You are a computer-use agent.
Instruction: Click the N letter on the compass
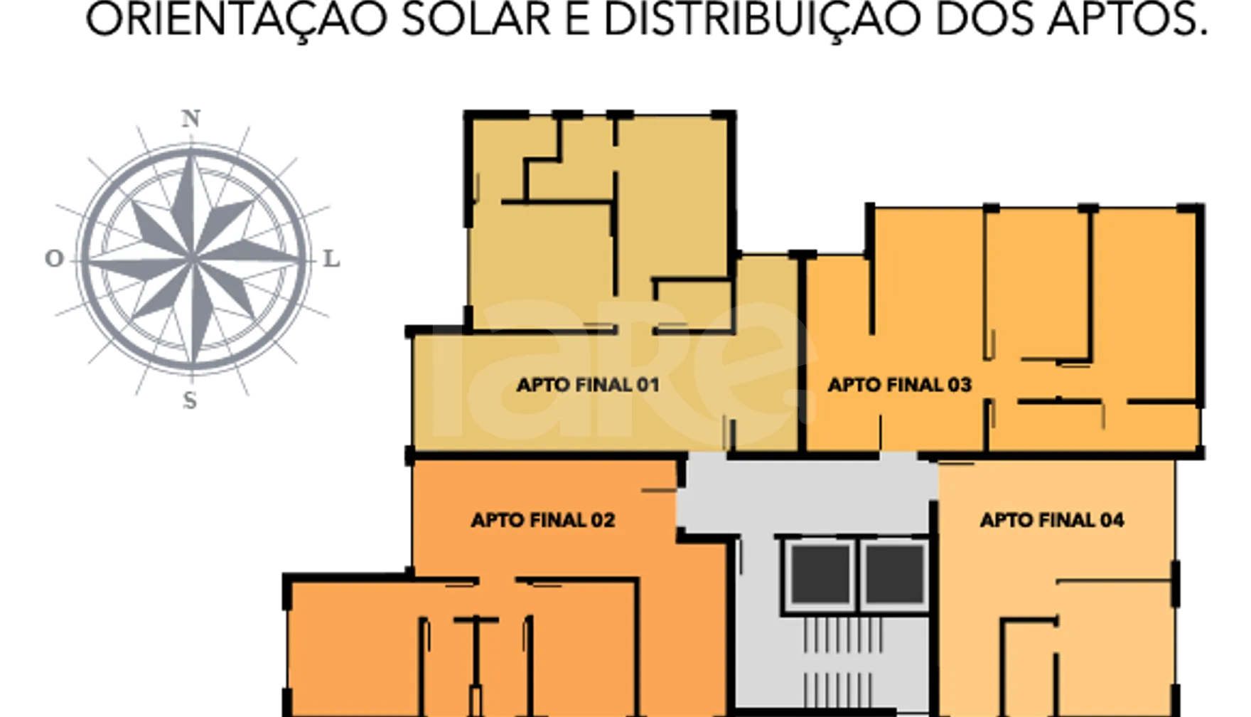pyautogui.click(x=190, y=118)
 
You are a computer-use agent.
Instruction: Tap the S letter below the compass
pyautogui.click(x=190, y=400)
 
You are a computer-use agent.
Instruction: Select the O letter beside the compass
pyautogui.click(x=54, y=258)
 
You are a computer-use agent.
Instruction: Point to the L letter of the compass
pyautogui.click(x=331, y=259)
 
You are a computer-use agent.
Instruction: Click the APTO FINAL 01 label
pyautogui.click(x=588, y=385)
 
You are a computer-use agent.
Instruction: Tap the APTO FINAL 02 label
pyautogui.click(x=543, y=520)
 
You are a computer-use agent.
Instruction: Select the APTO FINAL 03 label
pyautogui.click(x=899, y=385)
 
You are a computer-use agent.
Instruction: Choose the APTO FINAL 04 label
pyautogui.click(x=1052, y=520)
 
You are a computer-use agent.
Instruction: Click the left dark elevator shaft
pyautogui.click(x=821, y=574)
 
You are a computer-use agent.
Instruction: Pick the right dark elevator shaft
pyautogui.click(x=893, y=574)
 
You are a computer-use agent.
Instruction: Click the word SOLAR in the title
pyautogui.click(x=476, y=20)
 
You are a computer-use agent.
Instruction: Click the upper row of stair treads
pyautogui.click(x=843, y=634)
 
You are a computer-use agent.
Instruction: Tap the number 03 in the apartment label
pyautogui.click(x=960, y=385)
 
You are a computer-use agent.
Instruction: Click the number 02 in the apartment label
pyautogui.click(x=603, y=520)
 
